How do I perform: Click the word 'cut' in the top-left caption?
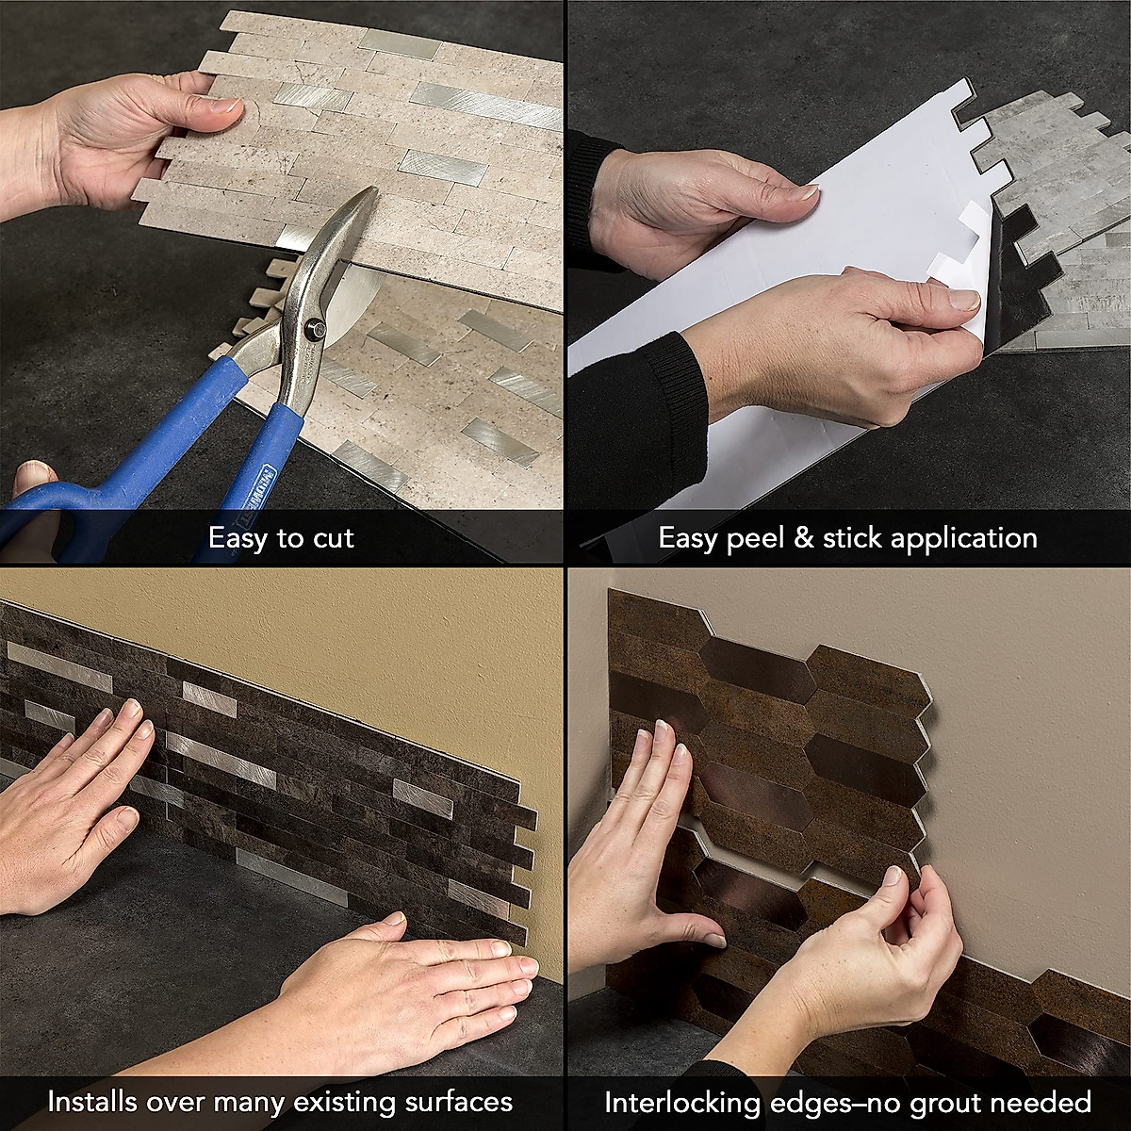pyautogui.click(x=331, y=539)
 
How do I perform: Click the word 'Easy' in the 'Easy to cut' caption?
pyautogui.click(x=238, y=539)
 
